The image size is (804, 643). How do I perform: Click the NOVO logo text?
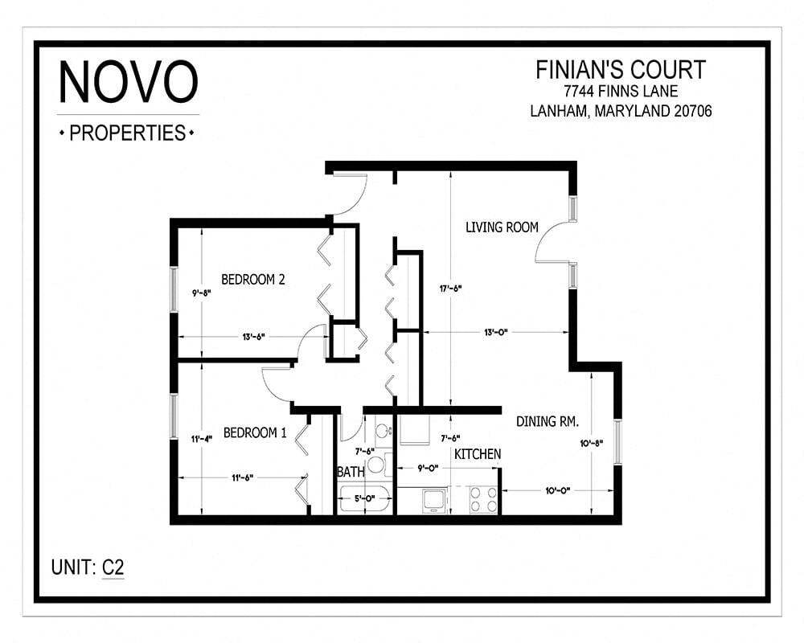(x=129, y=82)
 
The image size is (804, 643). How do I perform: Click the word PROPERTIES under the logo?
(x=128, y=133)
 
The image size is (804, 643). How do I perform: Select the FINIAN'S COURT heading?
(x=620, y=70)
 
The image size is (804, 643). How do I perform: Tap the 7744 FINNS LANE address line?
(x=620, y=91)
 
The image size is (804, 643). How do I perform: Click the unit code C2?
(x=113, y=567)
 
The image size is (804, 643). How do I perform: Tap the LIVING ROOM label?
(x=502, y=227)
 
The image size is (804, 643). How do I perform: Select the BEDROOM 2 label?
(x=253, y=280)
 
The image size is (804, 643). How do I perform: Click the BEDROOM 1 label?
(x=254, y=432)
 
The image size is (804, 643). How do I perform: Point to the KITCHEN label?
(x=478, y=454)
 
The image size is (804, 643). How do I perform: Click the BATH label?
(x=351, y=471)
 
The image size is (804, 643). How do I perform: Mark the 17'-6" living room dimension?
(x=450, y=288)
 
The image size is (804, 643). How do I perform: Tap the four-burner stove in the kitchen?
(x=483, y=499)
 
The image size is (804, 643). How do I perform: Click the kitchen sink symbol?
(x=435, y=499)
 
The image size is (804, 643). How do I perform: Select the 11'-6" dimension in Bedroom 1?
(x=242, y=478)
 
